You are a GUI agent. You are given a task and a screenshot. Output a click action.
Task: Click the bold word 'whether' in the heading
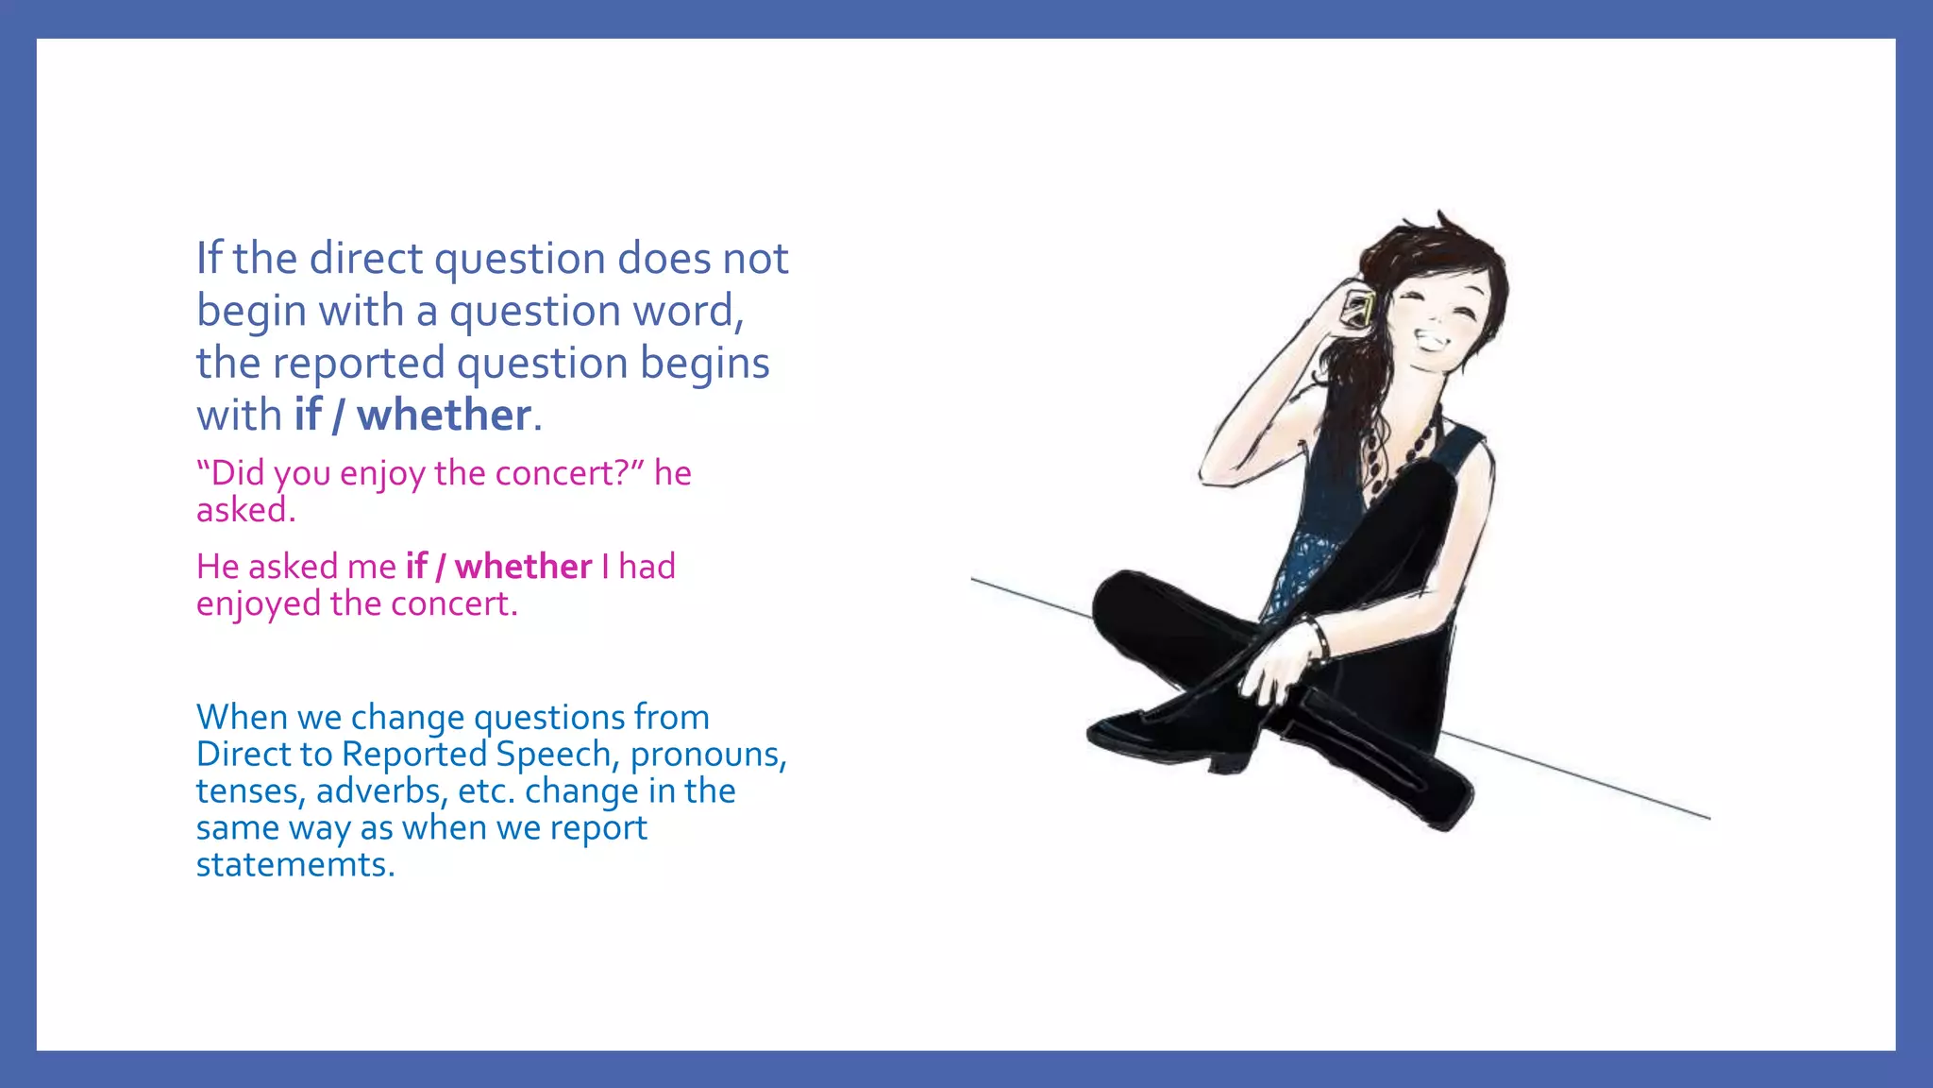tap(444, 416)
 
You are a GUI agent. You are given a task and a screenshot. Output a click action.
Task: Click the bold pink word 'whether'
tap(523, 567)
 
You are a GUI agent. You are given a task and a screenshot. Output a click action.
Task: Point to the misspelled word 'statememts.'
tap(295, 865)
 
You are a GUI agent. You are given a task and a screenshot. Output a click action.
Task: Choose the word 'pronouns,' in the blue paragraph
tap(708, 755)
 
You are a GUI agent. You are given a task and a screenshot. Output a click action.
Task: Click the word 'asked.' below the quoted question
tap(245, 511)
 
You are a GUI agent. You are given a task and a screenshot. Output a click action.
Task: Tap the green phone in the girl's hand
tap(1360, 308)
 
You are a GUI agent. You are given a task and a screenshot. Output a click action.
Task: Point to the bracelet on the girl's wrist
tap(1318, 638)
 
